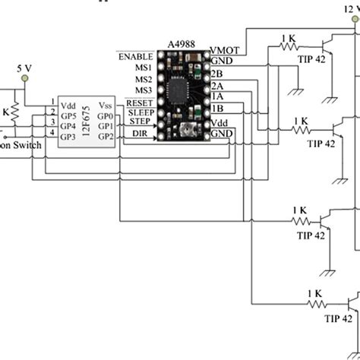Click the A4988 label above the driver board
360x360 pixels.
click(181, 45)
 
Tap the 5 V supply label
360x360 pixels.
click(25, 68)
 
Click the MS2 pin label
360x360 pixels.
click(144, 79)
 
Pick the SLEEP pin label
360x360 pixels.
click(140, 112)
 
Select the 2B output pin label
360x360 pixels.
click(216, 74)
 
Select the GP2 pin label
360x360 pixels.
click(105, 137)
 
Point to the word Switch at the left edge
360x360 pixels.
click(19, 144)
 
